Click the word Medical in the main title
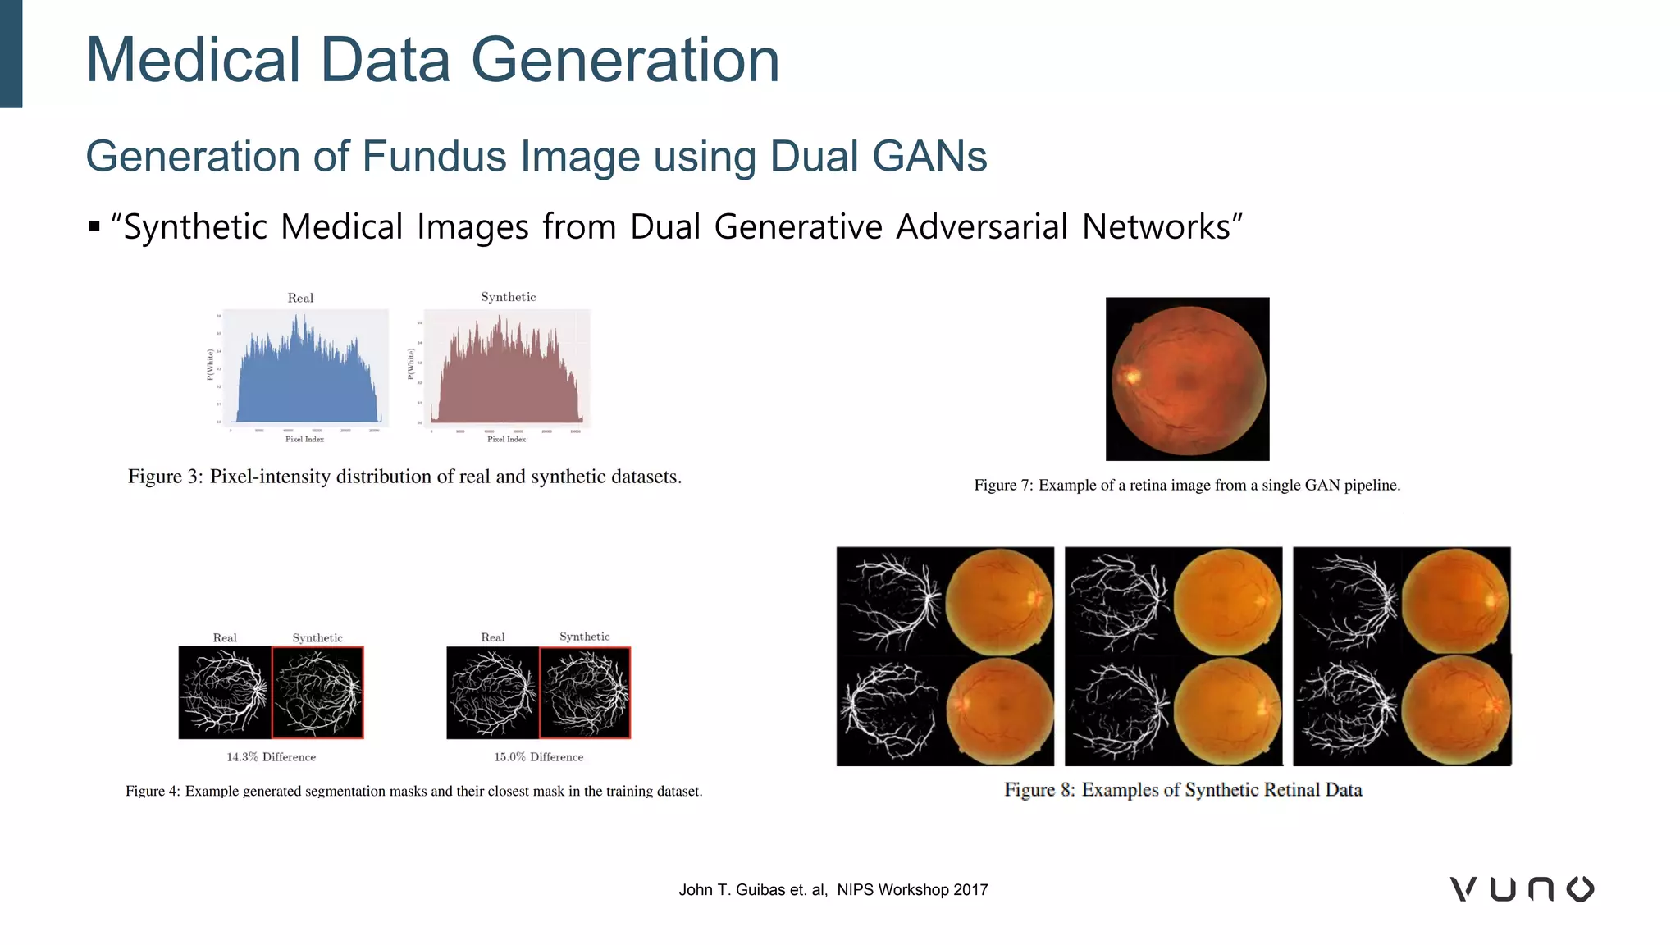point(194,60)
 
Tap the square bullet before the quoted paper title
point(94,226)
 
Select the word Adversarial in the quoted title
point(981,226)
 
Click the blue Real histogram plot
point(306,369)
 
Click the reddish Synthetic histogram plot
point(508,369)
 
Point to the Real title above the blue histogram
point(300,298)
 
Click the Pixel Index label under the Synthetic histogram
point(506,440)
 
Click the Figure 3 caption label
point(165,477)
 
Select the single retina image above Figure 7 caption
point(1187,379)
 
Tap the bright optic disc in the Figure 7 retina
point(1133,377)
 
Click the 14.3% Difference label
point(271,757)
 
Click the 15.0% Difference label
point(538,757)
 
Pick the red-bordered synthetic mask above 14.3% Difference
point(317,692)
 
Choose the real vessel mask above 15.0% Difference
point(492,692)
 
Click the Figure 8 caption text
point(1183,790)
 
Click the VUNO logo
point(1522,889)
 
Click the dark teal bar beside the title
point(11,53)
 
